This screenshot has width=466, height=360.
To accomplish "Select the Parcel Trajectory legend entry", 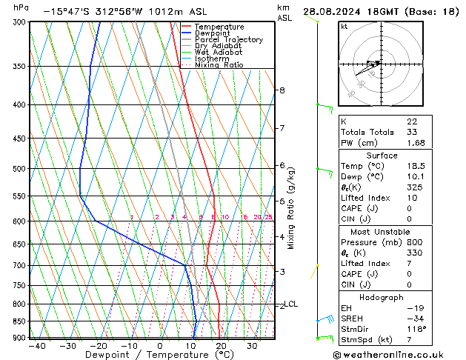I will (228, 39).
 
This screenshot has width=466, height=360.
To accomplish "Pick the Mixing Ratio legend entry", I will (219, 65).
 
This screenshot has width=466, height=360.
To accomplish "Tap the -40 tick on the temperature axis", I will (36, 346).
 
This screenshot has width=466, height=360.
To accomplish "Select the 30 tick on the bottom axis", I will (252, 346).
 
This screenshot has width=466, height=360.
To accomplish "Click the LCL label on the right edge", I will (291, 304).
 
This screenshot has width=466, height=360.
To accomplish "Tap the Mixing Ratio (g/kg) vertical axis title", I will (291, 208).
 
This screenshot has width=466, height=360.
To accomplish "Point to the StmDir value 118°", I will (416, 329).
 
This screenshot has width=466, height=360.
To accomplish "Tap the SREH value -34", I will (415, 318).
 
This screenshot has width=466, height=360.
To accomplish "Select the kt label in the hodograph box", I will (344, 26).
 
